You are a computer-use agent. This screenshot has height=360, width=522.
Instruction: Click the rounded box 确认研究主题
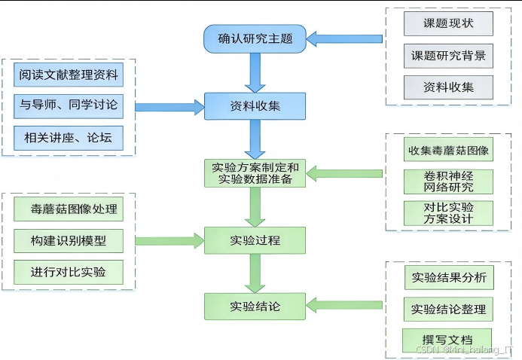[255, 38]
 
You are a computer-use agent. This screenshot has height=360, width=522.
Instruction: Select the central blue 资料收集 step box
[255, 106]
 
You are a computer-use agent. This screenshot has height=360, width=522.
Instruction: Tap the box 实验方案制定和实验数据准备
[255, 173]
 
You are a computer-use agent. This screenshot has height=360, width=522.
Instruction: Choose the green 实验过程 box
[255, 240]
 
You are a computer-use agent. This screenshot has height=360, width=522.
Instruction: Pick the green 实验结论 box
[255, 307]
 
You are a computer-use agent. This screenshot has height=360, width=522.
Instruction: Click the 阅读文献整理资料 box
[69, 75]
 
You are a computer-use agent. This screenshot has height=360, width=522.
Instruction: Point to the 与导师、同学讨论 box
[69, 107]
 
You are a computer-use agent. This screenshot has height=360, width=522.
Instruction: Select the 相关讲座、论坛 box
[69, 139]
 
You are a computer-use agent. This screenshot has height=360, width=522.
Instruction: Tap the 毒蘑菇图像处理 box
[69, 209]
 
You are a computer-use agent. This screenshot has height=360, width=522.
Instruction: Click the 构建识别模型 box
[69, 240]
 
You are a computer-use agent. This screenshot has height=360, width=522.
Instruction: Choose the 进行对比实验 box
[69, 272]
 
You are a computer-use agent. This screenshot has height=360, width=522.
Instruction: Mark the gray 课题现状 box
[448, 23]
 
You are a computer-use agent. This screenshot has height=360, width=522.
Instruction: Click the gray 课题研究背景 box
[448, 56]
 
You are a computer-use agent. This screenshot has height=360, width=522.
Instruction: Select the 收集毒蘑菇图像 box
[448, 150]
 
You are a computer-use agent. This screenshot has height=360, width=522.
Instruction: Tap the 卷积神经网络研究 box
[448, 182]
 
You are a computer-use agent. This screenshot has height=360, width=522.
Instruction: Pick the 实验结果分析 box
[448, 277]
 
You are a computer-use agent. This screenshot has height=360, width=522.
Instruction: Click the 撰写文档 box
[447, 338]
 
